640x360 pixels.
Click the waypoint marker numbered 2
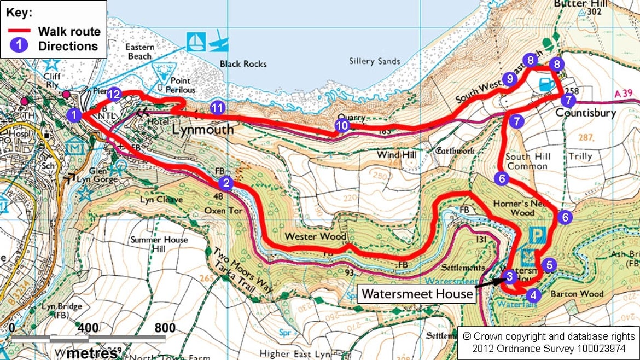coord(226,183)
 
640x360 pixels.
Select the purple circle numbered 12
coord(114,95)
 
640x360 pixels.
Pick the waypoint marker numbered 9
coord(510,79)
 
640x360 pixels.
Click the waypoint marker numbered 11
coord(218,108)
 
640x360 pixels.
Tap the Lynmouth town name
coord(203,130)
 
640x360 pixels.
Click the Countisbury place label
coord(586,113)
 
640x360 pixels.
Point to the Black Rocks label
coord(243,64)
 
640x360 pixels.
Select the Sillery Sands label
coord(375,61)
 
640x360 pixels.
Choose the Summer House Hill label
coord(159,244)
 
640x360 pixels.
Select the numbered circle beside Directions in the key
coord(19,46)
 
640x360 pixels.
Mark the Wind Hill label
coord(397,155)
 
